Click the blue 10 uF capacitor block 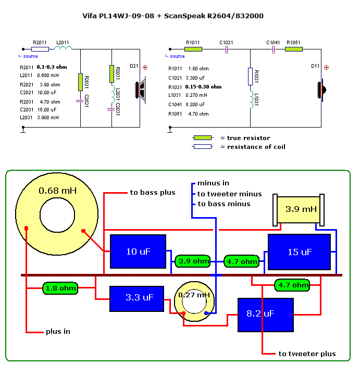[x=138, y=251]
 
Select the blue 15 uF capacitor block [x=299, y=252]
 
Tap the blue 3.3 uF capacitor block [x=132, y=298]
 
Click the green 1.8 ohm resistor [x=60, y=288]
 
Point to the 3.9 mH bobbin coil [x=300, y=209]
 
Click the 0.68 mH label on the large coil [x=57, y=191]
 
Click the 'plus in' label [x=58, y=331]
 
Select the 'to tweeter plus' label [x=307, y=354]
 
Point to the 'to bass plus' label [x=153, y=193]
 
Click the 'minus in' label [x=213, y=183]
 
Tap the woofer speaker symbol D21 [x=140, y=89]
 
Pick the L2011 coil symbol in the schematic [x=63, y=49]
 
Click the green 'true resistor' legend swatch [x=203, y=138]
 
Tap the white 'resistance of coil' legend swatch [x=203, y=147]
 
